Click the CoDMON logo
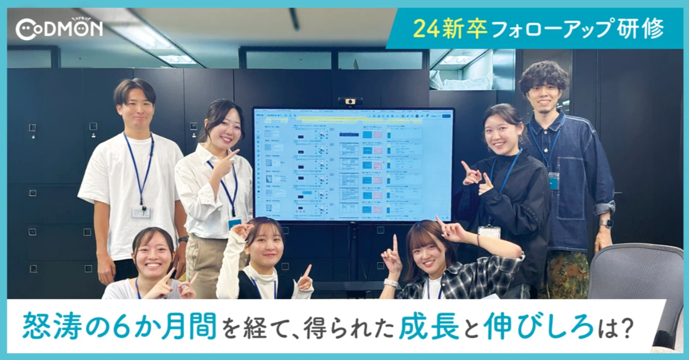[x=59, y=29]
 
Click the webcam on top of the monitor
[x=350, y=101]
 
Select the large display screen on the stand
[x=353, y=165]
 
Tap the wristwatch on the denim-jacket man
[x=606, y=223]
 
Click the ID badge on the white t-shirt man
[x=141, y=212]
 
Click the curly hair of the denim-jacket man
[x=544, y=76]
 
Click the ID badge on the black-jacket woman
[x=489, y=232]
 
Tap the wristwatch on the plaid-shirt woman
[x=391, y=283]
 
